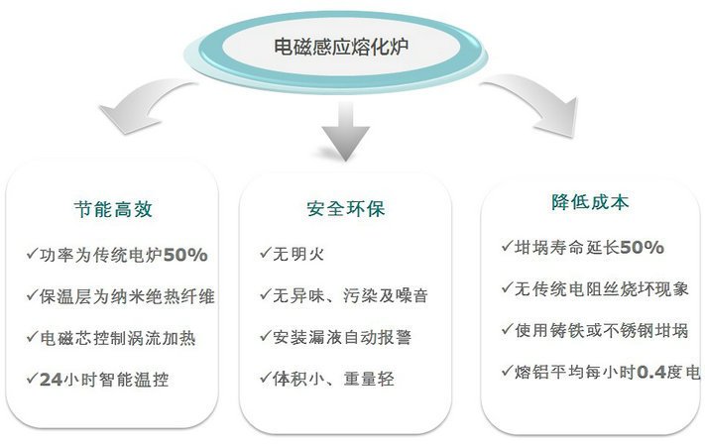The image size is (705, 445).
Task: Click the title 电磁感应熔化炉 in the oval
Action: [x=341, y=47]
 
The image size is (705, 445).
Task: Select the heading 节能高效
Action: [x=113, y=209]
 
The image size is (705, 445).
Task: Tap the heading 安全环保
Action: [x=346, y=209]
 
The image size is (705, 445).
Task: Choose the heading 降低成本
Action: [x=590, y=202]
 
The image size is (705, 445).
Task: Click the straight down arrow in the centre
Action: [x=346, y=131]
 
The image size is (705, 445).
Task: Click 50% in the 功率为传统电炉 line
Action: [x=185, y=256]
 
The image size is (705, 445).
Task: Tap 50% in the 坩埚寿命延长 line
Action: [x=642, y=247]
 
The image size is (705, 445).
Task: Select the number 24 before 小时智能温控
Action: [x=51, y=380]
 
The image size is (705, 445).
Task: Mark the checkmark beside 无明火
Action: [x=266, y=253]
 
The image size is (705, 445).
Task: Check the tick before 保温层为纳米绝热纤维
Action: [x=32, y=295]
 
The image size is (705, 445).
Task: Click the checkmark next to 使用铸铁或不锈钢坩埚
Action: [x=507, y=329]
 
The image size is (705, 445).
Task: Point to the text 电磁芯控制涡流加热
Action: [x=118, y=338]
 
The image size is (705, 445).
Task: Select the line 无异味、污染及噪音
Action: [x=350, y=295]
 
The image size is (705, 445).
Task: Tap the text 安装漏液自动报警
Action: [x=342, y=337]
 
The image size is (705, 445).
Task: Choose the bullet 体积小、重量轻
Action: [x=333, y=379]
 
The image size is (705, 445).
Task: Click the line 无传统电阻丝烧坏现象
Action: [x=601, y=288]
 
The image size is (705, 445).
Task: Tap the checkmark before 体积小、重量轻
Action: [x=266, y=378]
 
